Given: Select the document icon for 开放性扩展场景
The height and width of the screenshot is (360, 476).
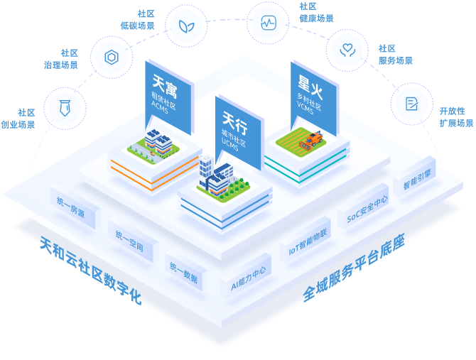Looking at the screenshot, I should pyautogui.click(x=411, y=104).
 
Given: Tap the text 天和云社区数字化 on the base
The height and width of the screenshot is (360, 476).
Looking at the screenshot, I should pyautogui.click(x=90, y=271).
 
